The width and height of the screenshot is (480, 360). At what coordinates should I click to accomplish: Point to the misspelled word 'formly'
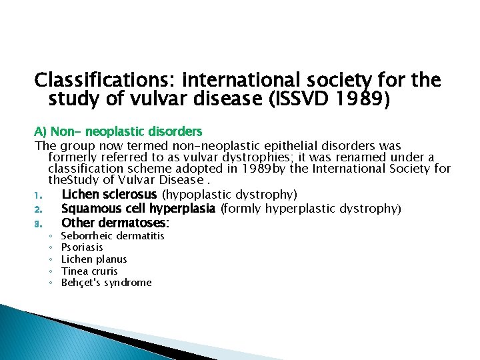(243, 209)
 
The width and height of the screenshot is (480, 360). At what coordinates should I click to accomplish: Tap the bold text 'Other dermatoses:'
(115, 223)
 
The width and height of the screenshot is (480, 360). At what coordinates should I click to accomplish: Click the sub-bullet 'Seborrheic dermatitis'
(112, 236)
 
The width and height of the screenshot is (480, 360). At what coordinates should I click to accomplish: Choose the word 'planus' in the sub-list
(111, 259)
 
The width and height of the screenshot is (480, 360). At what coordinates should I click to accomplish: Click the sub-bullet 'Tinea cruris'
(89, 271)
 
